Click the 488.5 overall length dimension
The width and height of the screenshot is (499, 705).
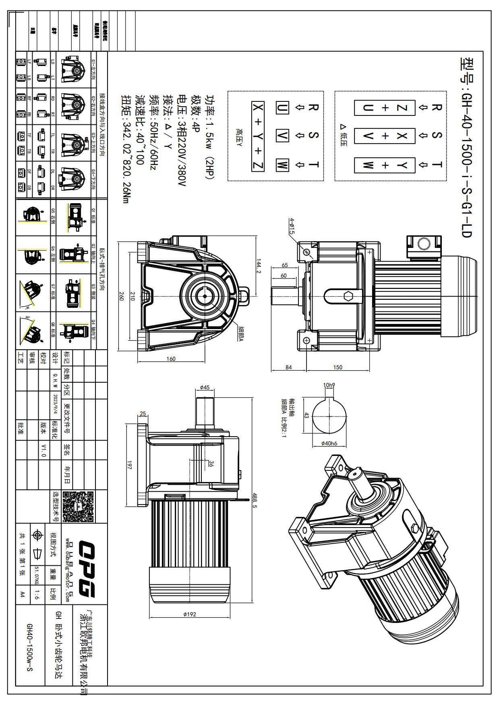point(254,500)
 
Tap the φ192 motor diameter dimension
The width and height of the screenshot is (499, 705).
point(189,614)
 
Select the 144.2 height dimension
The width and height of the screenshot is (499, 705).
point(259,266)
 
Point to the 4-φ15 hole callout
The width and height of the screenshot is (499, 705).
point(292,226)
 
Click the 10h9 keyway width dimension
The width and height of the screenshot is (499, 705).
point(329,385)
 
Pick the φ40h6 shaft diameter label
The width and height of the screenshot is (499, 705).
point(329,443)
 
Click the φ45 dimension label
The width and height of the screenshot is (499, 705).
point(205,388)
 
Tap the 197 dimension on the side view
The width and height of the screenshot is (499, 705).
point(129,465)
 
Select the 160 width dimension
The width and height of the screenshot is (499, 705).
point(171,359)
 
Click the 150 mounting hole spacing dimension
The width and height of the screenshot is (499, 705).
point(337,367)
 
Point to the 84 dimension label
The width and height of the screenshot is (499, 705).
point(288,367)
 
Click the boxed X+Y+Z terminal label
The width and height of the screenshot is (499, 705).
point(258,136)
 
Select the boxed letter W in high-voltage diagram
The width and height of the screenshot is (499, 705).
point(282,165)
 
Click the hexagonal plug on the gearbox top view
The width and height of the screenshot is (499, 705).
point(349,296)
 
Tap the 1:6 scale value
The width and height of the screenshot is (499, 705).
point(37,594)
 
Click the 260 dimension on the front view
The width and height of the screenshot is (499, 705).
point(121,296)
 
